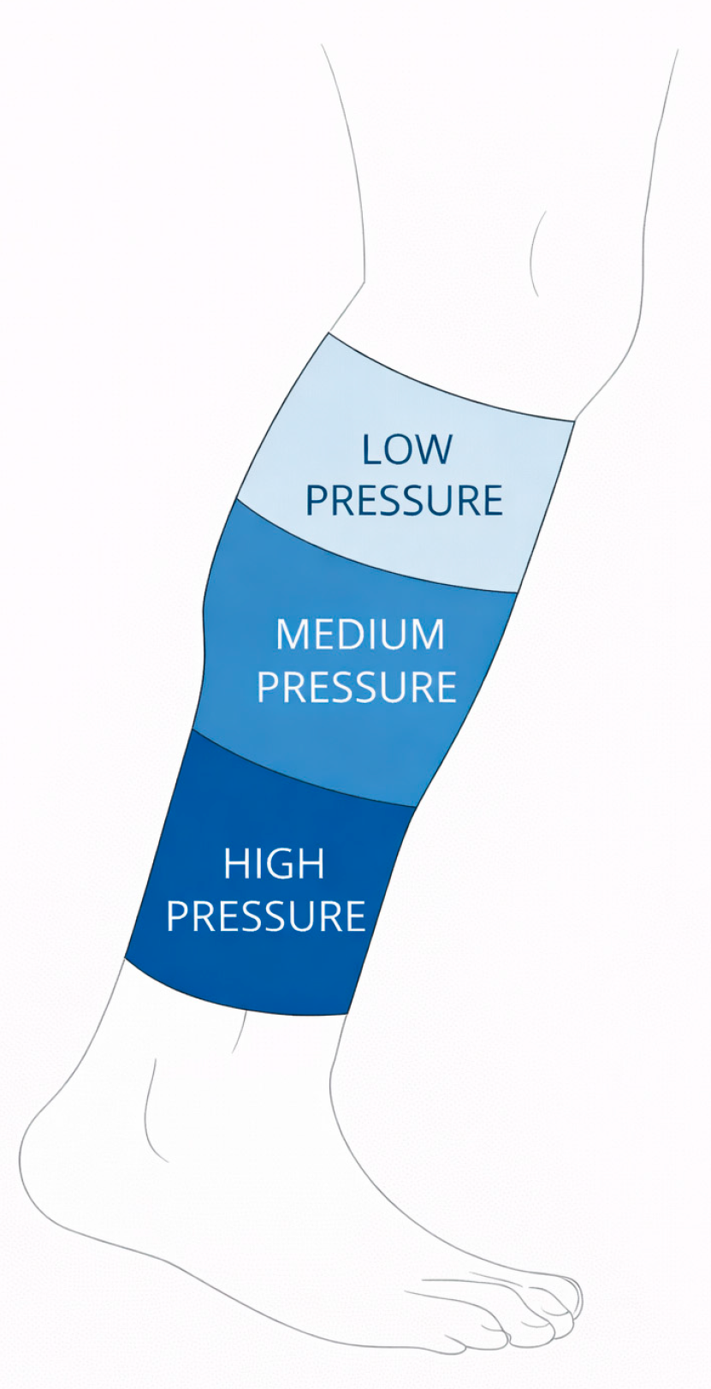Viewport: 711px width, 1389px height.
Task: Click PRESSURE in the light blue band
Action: (405, 500)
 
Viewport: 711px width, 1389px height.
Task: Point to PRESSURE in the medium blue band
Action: (357, 687)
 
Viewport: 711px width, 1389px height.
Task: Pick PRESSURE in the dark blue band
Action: (266, 916)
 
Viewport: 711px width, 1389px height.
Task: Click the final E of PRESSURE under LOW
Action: (492, 500)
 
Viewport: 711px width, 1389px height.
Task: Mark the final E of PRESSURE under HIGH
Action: (356, 916)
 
